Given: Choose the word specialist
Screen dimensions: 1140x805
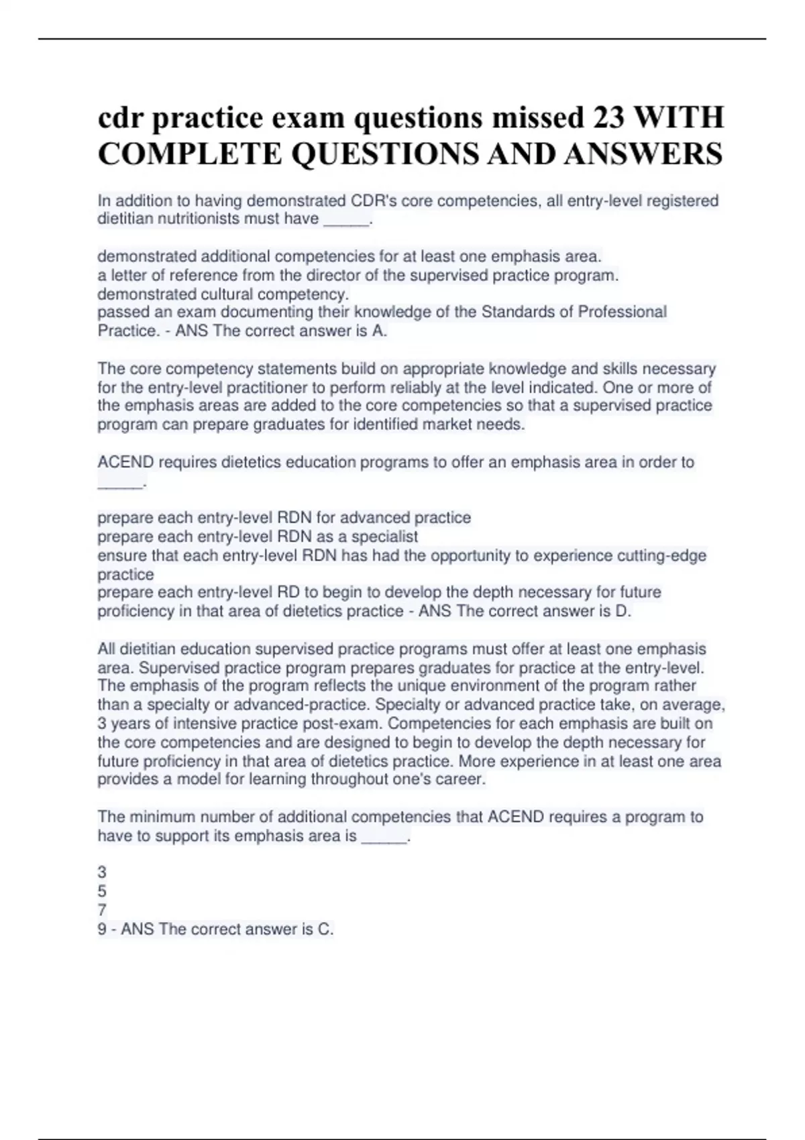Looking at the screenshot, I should pos(384,536).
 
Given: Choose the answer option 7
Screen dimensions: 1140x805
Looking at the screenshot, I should pos(102,911).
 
